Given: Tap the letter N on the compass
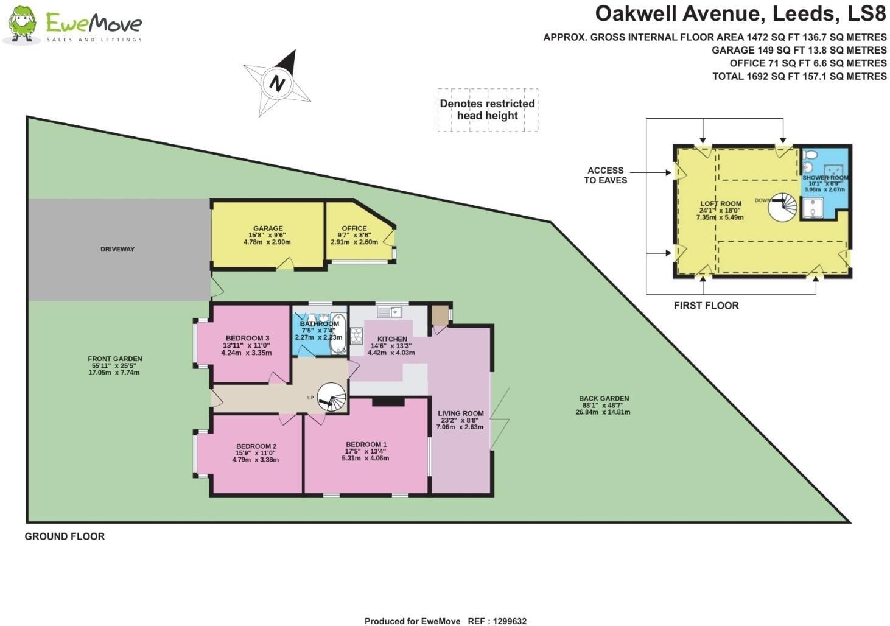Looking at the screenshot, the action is (x=278, y=83).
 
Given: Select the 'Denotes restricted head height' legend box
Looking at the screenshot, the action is (x=488, y=110).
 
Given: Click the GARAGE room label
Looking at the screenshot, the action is (x=268, y=228).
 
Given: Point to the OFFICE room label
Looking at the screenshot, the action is (x=354, y=228).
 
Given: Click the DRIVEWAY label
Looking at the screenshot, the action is (x=117, y=249).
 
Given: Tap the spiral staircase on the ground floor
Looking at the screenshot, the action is (x=332, y=396).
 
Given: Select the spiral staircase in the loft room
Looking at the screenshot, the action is (x=782, y=207).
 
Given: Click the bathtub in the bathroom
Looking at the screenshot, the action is (x=338, y=334).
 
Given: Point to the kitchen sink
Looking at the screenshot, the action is (x=390, y=312).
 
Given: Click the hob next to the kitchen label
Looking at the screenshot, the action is (x=356, y=336).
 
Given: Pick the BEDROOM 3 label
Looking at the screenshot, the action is (x=248, y=338).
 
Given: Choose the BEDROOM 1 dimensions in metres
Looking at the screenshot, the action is (x=365, y=459).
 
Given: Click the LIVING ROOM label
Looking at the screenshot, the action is (x=460, y=413).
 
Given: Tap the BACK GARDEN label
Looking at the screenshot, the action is (x=604, y=398).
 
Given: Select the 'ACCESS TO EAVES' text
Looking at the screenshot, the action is (x=606, y=175).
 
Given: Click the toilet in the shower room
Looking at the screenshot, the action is (x=810, y=154).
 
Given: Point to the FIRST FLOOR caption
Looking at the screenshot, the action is (x=706, y=306).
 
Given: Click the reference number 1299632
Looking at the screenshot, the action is (x=510, y=621).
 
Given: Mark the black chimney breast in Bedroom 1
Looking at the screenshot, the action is (x=388, y=402).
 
